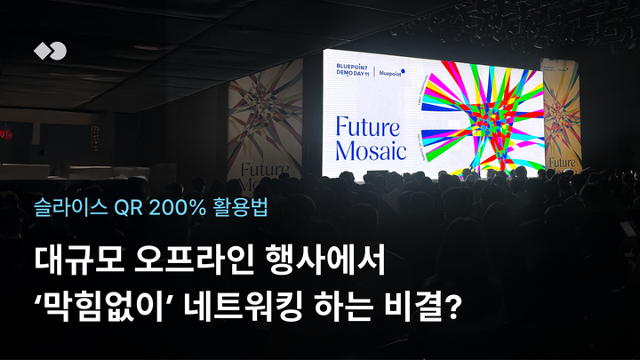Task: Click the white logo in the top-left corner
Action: [50, 51]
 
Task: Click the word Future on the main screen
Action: [370, 125]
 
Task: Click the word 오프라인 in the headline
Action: [187, 262]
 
